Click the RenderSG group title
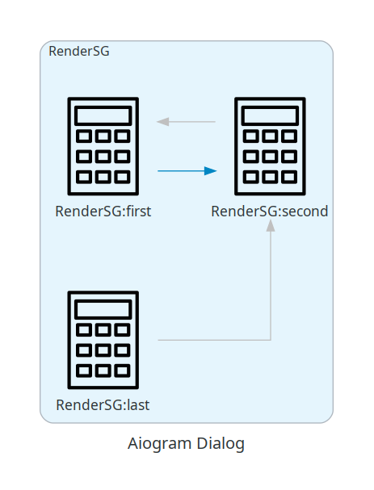pyautogui.click(x=79, y=51)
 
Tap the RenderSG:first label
pyautogui.click(x=103, y=211)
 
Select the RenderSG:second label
pyautogui.click(x=270, y=211)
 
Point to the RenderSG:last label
pyautogui.click(x=103, y=405)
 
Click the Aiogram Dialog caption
pyautogui.click(x=186, y=444)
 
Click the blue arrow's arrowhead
pyautogui.click(x=211, y=171)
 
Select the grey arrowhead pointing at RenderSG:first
pyautogui.click(x=163, y=122)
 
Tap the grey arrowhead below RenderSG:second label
pyautogui.click(x=271, y=225)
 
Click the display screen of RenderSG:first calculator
pyautogui.click(x=103, y=115)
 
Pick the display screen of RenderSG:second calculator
pyautogui.click(x=270, y=115)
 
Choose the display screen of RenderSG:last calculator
pyautogui.click(x=103, y=309)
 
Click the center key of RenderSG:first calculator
pyautogui.click(x=103, y=157)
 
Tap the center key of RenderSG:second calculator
pyautogui.click(x=270, y=157)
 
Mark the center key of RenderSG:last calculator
pyautogui.click(x=103, y=350)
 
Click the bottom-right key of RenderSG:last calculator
pyautogui.click(x=122, y=371)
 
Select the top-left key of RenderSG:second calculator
pyautogui.click(x=251, y=136)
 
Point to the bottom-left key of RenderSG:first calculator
pyautogui.click(x=84, y=177)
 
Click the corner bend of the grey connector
pyautogui.click(x=271, y=340)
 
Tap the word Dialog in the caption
pyautogui.click(x=221, y=444)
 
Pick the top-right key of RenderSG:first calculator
pyautogui.click(x=122, y=136)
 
